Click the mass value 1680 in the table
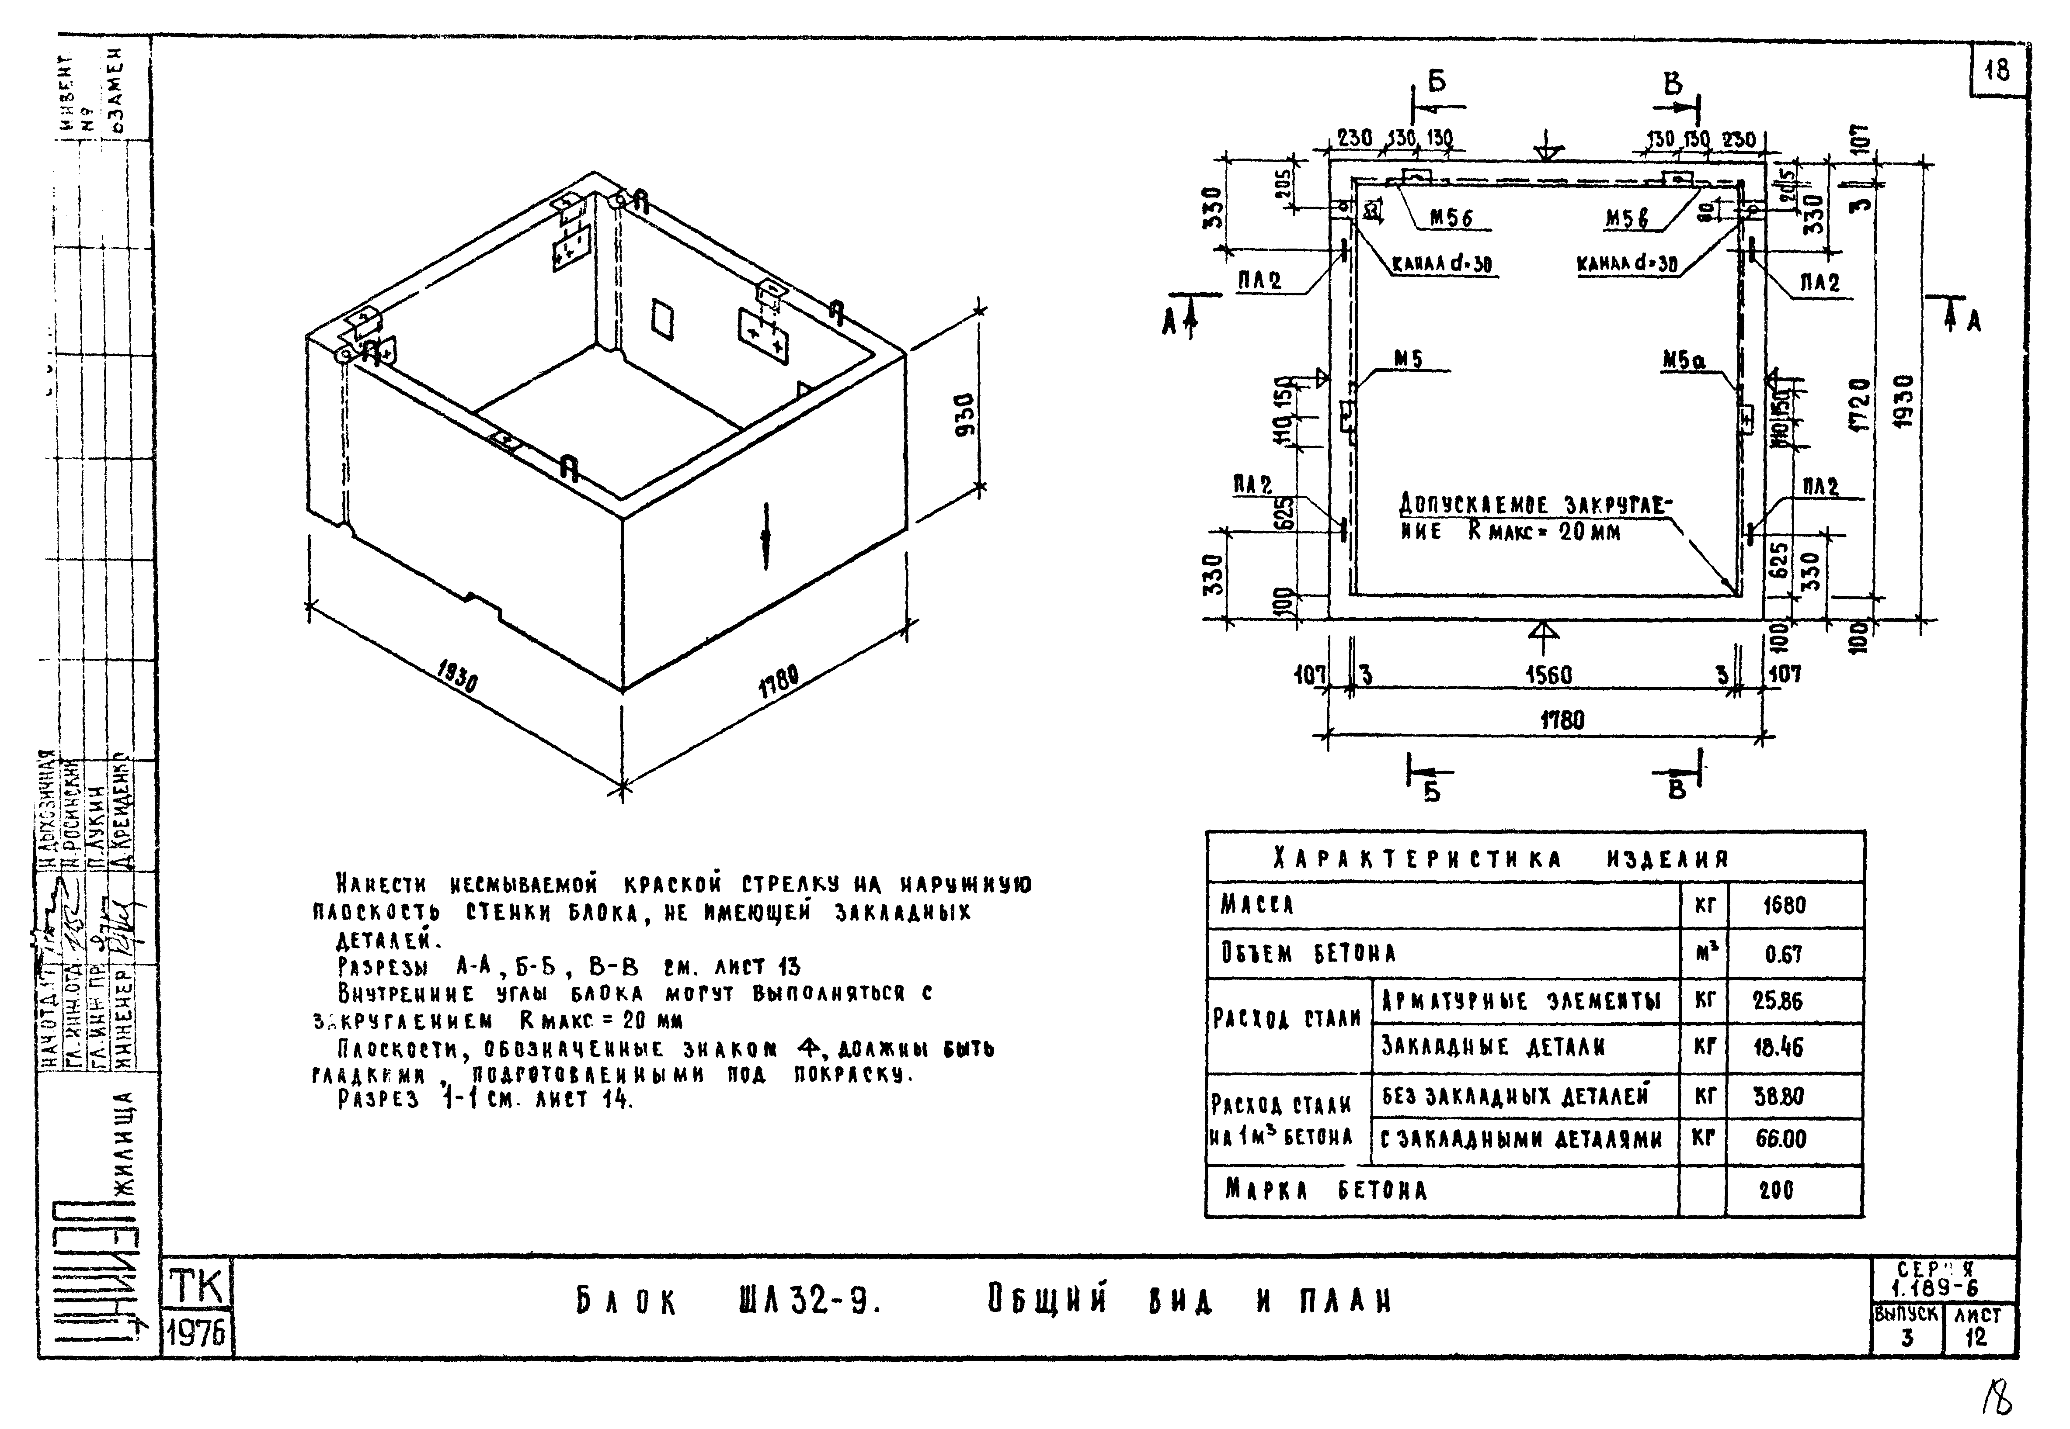click(1783, 905)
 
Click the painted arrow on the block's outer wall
click(766, 535)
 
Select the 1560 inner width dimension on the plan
click(1548, 675)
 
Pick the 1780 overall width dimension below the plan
click(1562, 720)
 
